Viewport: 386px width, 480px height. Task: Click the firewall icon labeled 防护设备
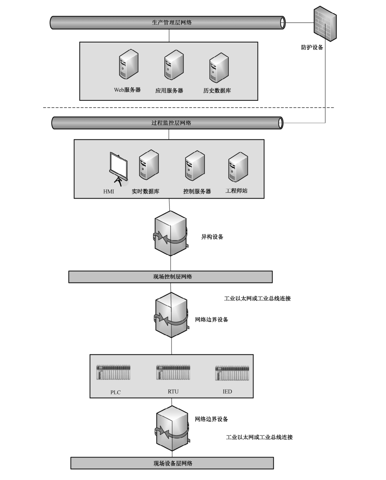point(325,24)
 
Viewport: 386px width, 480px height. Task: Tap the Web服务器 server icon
point(128,64)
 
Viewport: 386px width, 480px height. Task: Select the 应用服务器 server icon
point(174,65)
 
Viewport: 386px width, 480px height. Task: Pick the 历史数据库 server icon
point(219,68)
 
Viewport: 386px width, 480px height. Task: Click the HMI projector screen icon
point(119,169)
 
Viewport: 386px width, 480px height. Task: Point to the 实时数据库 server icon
point(149,165)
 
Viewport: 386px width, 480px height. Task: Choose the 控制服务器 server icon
point(195,166)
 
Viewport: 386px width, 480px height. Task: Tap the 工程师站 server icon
point(238,167)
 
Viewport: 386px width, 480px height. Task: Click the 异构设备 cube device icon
point(171,233)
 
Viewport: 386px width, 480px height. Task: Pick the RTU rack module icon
point(173,372)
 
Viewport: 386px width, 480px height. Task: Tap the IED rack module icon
point(232,373)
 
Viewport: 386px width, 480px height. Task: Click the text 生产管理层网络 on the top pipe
point(172,22)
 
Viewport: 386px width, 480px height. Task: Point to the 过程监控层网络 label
point(171,123)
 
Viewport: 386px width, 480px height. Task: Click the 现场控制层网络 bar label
point(173,277)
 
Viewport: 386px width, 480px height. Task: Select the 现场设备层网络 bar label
point(173,463)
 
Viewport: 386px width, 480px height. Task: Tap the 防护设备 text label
point(312,47)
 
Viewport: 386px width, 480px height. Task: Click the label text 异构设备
point(212,237)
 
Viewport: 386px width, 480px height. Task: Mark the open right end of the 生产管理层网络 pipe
point(282,22)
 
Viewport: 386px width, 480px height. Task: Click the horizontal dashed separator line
point(189,107)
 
